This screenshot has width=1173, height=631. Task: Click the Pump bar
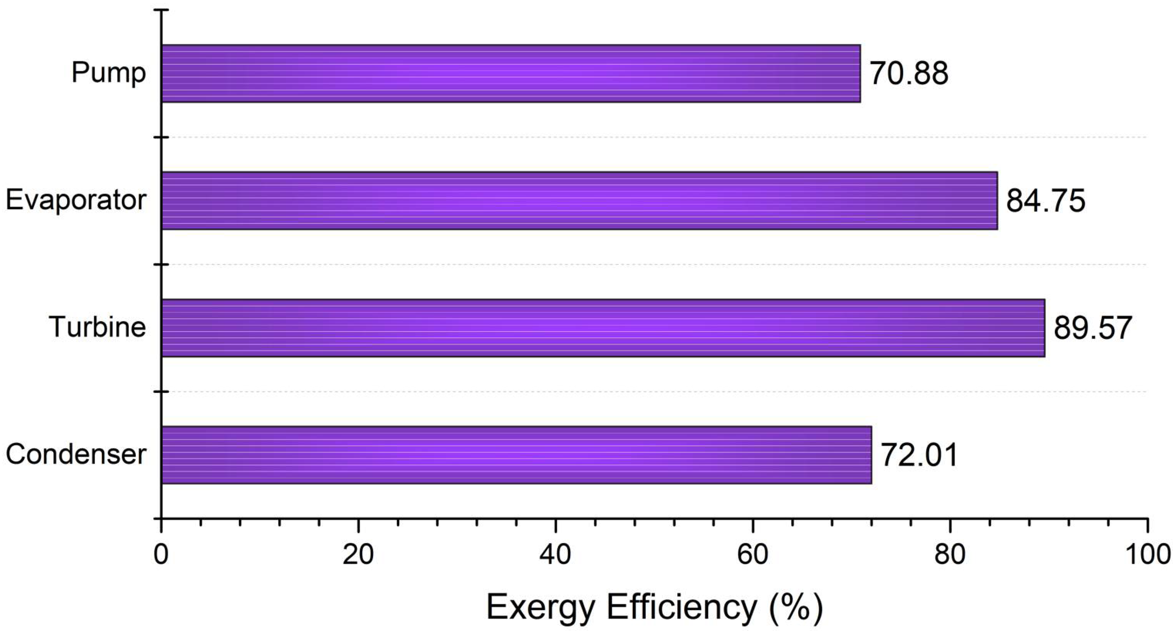[x=510, y=73]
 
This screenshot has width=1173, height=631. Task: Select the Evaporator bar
[x=579, y=200]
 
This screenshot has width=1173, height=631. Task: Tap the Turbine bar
[x=603, y=328]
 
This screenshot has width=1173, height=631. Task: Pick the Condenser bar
[x=516, y=455]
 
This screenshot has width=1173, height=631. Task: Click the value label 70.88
[x=909, y=73]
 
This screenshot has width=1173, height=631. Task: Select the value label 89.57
[x=1093, y=328]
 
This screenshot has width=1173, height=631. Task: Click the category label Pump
[x=108, y=73]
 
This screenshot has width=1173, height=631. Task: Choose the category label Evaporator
[x=76, y=200]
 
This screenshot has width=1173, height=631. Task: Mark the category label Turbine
[x=97, y=327]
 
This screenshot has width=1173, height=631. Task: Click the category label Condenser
[x=76, y=454]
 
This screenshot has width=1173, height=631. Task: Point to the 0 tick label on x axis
[x=161, y=554]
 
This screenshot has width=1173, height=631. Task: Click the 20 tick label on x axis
[x=358, y=554]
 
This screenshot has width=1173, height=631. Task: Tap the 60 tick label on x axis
[x=753, y=554]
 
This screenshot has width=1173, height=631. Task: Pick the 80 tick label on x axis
[x=950, y=554]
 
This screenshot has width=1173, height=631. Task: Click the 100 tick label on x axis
[x=1147, y=554]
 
